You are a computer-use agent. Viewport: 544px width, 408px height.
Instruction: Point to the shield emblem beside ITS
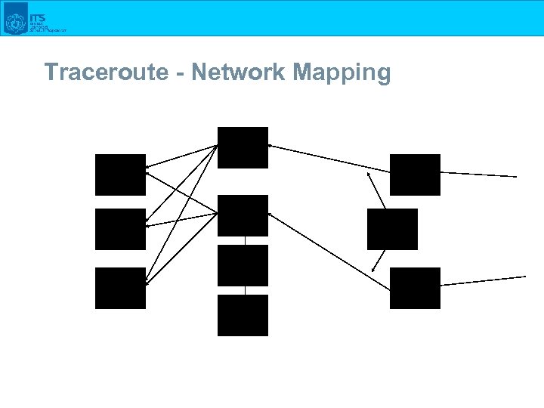(15, 19)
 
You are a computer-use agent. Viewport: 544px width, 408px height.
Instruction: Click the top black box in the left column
(120, 175)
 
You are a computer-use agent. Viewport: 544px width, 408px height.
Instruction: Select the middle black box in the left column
(120, 229)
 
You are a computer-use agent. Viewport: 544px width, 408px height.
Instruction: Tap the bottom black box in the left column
(120, 288)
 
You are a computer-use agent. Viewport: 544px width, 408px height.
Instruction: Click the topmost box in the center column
(243, 147)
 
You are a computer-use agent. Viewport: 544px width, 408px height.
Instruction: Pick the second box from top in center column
(243, 215)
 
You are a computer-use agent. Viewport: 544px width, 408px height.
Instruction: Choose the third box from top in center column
(243, 265)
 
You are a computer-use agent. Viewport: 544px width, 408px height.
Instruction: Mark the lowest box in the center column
(243, 315)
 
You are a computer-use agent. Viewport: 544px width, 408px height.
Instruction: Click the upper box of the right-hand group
(415, 175)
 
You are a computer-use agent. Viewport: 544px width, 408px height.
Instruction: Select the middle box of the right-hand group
(392, 229)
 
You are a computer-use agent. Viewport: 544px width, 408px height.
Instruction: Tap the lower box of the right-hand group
(415, 288)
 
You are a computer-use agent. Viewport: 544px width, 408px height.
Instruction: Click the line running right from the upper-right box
(479, 175)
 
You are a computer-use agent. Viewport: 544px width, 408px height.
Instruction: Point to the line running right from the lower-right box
(484, 280)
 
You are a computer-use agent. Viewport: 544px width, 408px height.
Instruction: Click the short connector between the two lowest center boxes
(244, 290)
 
